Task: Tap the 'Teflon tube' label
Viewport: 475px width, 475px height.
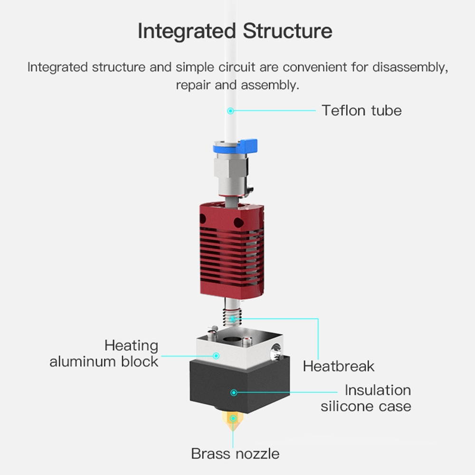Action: click(x=361, y=111)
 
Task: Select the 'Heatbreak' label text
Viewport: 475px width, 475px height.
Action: click(x=338, y=366)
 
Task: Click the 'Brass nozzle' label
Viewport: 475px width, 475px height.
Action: click(x=235, y=454)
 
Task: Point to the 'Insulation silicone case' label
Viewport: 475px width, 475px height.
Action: click(x=366, y=399)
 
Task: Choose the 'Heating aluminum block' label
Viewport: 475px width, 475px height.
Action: click(x=104, y=353)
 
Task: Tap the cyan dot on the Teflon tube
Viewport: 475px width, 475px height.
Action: click(x=231, y=111)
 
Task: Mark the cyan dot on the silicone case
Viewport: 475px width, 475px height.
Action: click(x=233, y=392)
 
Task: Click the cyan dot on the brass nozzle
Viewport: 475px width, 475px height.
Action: click(x=233, y=418)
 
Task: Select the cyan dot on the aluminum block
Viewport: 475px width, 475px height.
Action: click(x=216, y=355)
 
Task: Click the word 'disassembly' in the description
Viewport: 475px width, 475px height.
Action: click(x=410, y=67)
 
